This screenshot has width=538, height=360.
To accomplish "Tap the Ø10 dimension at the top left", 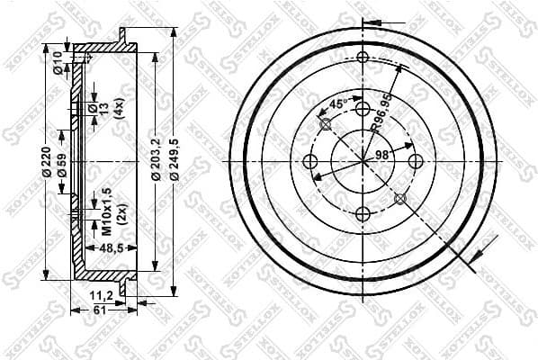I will tap(58, 62).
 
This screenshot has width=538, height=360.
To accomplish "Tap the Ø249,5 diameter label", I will tap(174, 161).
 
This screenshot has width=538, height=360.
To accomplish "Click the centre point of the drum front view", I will tap(363, 161).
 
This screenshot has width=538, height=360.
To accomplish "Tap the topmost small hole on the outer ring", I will tap(363, 58).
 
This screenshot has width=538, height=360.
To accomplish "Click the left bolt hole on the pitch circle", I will tap(310, 161).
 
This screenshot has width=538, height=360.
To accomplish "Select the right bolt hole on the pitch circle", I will tap(415, 161).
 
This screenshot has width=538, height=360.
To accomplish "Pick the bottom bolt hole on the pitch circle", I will tap(363, 213).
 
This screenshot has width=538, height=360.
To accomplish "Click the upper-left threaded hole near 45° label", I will tap(326, 124).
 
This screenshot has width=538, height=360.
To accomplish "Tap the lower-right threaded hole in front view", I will tap(399, 198).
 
